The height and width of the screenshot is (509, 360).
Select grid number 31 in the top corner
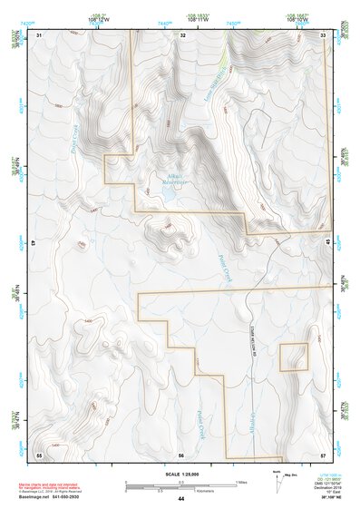click(x=39, y=34)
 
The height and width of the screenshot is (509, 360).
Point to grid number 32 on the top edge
click(x=183, y=34)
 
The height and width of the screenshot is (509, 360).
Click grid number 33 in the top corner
click(x=325, y=34)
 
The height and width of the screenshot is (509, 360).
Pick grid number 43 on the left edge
click(x=34, y=244)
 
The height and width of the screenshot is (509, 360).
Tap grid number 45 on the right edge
click(x=328, y=240)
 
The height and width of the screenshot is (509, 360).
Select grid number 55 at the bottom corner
click(x=39, y=454)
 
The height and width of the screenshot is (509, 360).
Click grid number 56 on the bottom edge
click(x=181, y=455)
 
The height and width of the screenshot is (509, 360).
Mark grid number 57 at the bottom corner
click(x=324, y=454)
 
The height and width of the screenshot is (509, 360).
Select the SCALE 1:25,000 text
click(x=180, y=474)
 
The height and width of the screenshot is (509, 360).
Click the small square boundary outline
click(x=293, y=357)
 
